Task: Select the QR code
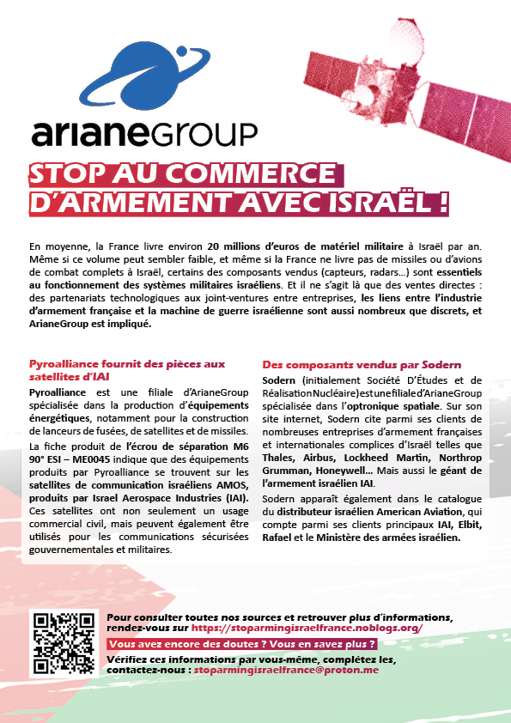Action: point(62,643)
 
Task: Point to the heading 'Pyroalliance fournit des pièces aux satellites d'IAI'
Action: point(126,370)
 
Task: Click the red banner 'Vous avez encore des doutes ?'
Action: point(241,644)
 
